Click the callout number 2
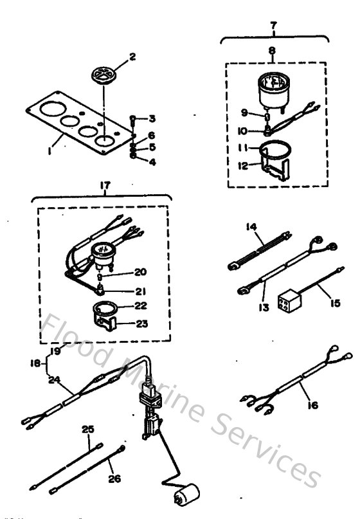(x=132, y=57)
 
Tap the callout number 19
(x=57, y=352)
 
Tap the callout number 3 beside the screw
(x=152, y=118)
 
